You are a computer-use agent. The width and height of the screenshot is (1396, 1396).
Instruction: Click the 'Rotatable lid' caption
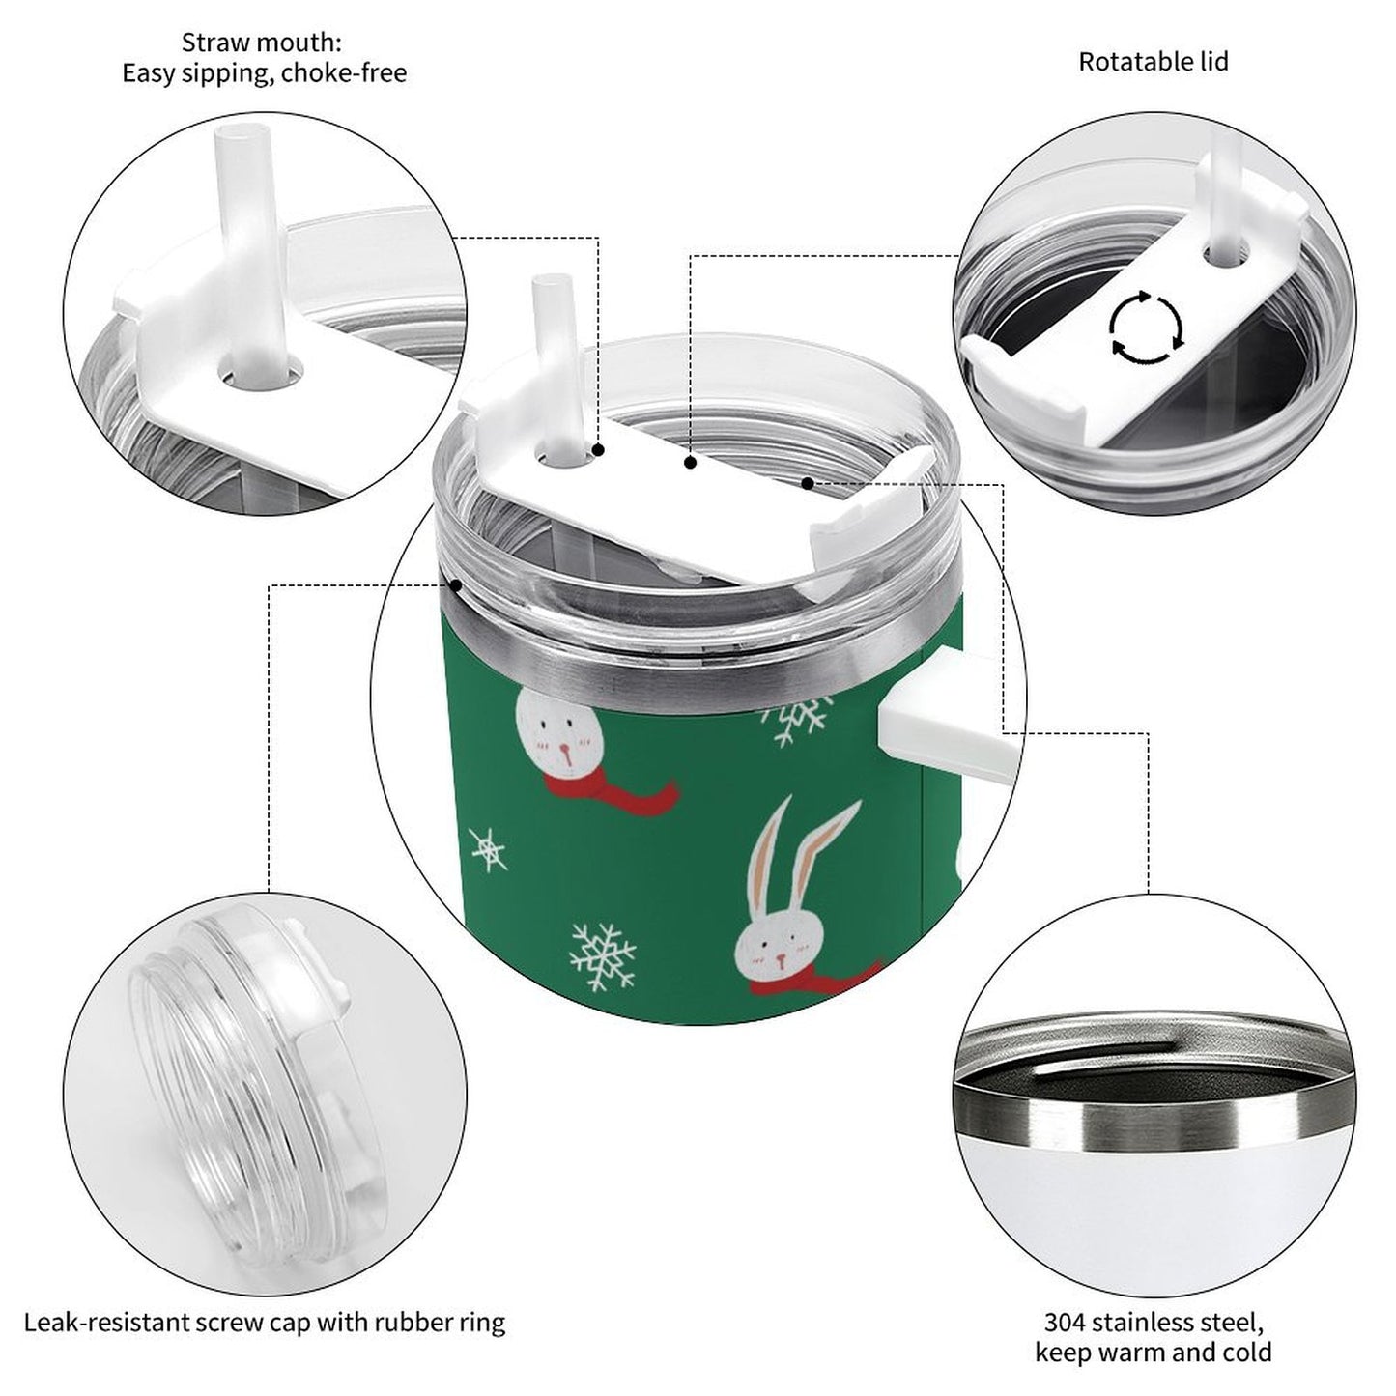pyautogui.click(x=1153, y=62)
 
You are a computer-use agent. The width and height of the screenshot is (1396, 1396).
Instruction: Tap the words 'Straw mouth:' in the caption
pyautogui.click(x=262, y=43)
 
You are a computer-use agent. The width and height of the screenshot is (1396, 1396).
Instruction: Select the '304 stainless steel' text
pyautogui.click(x=1153, y=1321)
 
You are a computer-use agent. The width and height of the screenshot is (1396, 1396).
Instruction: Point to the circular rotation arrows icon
pyautogui.click(x=1146, y=328)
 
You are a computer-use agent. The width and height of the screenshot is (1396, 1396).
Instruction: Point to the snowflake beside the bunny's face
pyautogui.click(x=603, y=956)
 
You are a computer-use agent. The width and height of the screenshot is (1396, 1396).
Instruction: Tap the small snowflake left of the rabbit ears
pyautogui.click(x=488, y=849)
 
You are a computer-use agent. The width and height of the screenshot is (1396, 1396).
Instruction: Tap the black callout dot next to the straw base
pyautogui.click(x=599, y=450)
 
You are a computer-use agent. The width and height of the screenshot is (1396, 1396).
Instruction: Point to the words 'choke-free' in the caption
pyautogui.click(x=344, y=73)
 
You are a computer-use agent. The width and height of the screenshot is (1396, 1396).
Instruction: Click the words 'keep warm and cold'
pyautogui.click(x=1153, y=1353)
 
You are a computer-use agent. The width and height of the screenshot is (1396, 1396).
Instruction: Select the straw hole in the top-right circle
pyautogui.click(x=1224, y=254)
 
